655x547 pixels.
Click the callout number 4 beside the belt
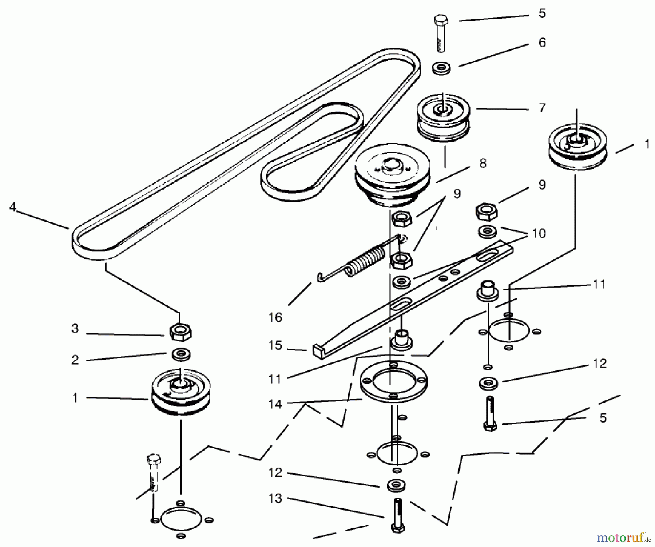[x=13, y=207]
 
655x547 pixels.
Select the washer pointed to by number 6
[x=441, y=68]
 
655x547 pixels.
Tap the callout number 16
[x=275, y=317]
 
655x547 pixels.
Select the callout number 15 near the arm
[x=275, y=345]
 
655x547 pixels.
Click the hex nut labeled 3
[x=180, y=332]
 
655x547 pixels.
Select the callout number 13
[x=275, y=498]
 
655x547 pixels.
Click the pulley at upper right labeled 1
[x=577, y=147]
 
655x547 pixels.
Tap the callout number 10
[x=539, y=233]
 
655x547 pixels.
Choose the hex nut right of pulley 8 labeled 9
[x=487, y=212]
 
